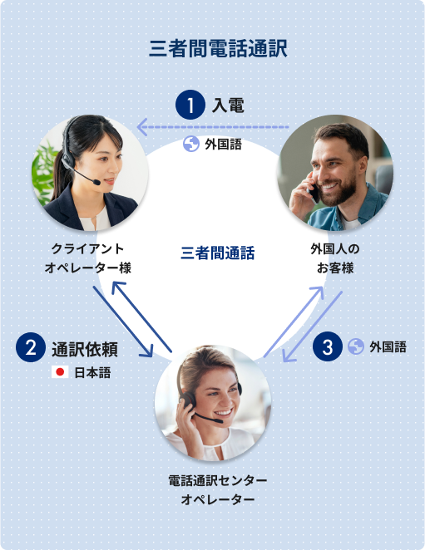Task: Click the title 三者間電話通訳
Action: pyautogui.click(x=218, y=48)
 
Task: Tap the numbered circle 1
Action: pyautogui.click(x=190, y=105)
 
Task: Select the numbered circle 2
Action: pyautogui.click(x=31, y=347)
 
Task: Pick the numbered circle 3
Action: pyautogui.click(x=327, y=347)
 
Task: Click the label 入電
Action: pyautogui.click(x=228, y=106)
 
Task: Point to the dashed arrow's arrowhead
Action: pyautogui.click(x=141, y=127)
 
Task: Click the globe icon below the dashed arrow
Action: pyautogui.click(x=191, y=144)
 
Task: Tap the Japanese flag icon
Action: pyautogui.click(x=60, y=372)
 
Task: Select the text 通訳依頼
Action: pyautogui.click(x=85, y=350)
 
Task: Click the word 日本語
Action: pyautogui.click(x=92, y=372)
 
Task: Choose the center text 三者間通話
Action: pyautogui.click(x=218, y=253)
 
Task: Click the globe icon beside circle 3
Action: pyautogui.click(x=356, y=346)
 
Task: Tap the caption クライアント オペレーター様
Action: pyautogui.click(x=88, y=258)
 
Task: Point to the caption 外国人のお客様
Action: pyautogui.click(x=334, y=258)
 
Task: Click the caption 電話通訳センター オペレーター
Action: pyautogui.click(x=218, y=490)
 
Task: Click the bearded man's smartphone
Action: pyautogui.click(x=314, y=191)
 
